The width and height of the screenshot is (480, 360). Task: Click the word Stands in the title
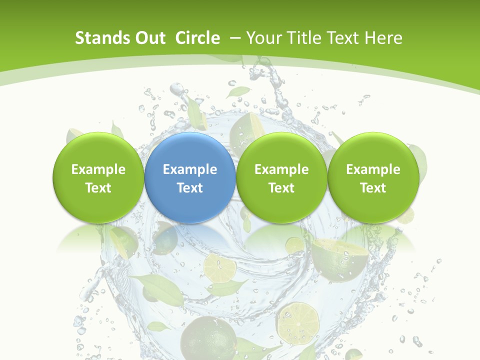pyautogui.click(x=96, y=38)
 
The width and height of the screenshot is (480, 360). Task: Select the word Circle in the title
pyautogui.click(x=197, y=38)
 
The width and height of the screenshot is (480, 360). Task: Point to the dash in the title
pyautogui.click(x=235, y=38)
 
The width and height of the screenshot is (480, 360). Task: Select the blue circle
pyautogui.click(x=189, y=177)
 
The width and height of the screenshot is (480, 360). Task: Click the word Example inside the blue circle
pyautogui.click(x=189, y=169)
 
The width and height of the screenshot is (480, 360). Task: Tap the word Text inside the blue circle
pyautogui.click(x=189, y=188)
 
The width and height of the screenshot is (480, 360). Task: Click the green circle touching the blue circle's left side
pyautogui.click(x=98, y=177)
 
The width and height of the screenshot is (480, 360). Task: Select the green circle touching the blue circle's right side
pyautogui.click(x=281, y=177)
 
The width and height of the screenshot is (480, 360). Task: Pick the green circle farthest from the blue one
pyautogui.click(x=373, y=177)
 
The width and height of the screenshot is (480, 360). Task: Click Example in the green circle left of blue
pyautogui.click(x=98, y=169)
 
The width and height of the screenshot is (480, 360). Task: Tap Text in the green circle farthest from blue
pyautogui.click(x=373, y=188)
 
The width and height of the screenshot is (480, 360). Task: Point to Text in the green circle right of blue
pyautogui.click(x=281, y=188)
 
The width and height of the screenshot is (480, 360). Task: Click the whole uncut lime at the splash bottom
pyautogui.click(x=208, y=337)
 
